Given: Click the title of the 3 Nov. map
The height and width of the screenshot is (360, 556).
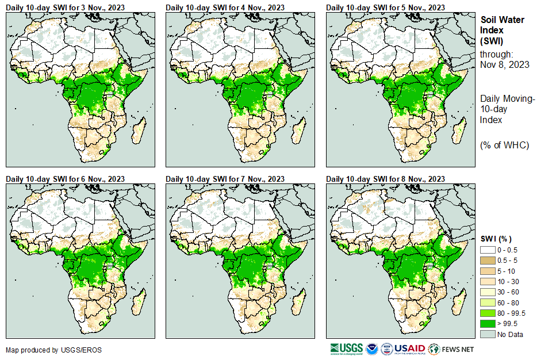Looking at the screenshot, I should [x=65, y=7].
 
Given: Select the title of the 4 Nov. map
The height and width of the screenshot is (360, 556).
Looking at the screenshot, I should [x=225, y=7].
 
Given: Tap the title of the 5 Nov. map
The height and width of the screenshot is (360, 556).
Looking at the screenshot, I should [x=385, y=7].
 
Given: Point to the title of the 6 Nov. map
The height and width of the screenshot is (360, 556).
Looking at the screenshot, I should [x=65, y=179].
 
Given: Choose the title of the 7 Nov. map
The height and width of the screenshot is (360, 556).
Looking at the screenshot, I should [x=225, y=179].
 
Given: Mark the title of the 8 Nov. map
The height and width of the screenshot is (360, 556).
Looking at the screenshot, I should [x=385, y=179].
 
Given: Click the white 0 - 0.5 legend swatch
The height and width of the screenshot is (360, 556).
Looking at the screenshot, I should [x=488, y=250].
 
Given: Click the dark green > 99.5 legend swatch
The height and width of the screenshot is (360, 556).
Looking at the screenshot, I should [x=488, y=324].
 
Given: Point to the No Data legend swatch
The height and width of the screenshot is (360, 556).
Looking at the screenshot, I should [x=488, y=334].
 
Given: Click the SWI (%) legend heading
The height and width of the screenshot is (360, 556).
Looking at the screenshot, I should [x=496, y=239].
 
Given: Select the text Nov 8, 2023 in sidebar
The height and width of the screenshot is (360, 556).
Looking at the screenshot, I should [x=504, y=64].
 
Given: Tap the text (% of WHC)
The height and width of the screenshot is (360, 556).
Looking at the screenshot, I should [x=504, y=144].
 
